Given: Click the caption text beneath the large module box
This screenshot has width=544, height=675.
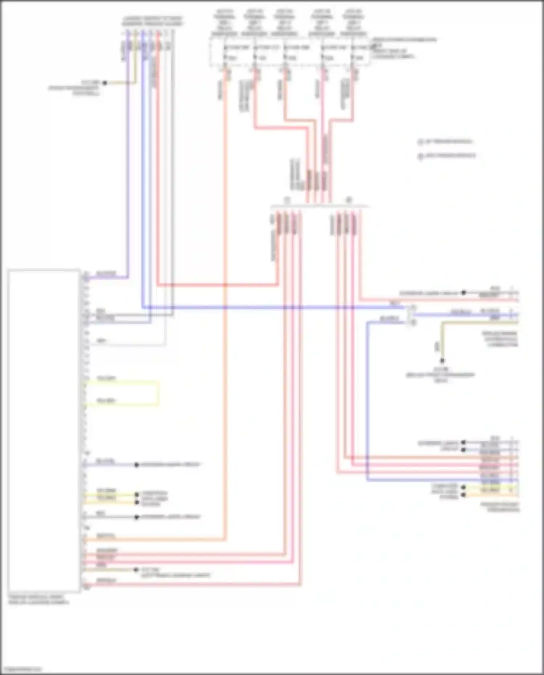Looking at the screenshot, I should click(38, 600).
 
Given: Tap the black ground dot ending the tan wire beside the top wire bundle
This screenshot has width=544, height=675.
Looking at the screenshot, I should click(104, 83).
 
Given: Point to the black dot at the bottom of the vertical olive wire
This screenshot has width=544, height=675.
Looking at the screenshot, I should click(442, 361).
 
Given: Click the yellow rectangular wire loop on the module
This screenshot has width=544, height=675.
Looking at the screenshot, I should click(122, 392).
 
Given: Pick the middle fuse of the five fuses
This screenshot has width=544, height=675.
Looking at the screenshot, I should click(285, 53).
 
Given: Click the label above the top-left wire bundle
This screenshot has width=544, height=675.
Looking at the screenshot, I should click(152, 21).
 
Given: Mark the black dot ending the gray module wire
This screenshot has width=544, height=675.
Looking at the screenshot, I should click(137, 517).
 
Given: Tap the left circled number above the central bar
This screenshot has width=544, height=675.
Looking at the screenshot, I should click(287, 200).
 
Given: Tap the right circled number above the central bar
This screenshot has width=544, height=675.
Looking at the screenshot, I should click(349, 200).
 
